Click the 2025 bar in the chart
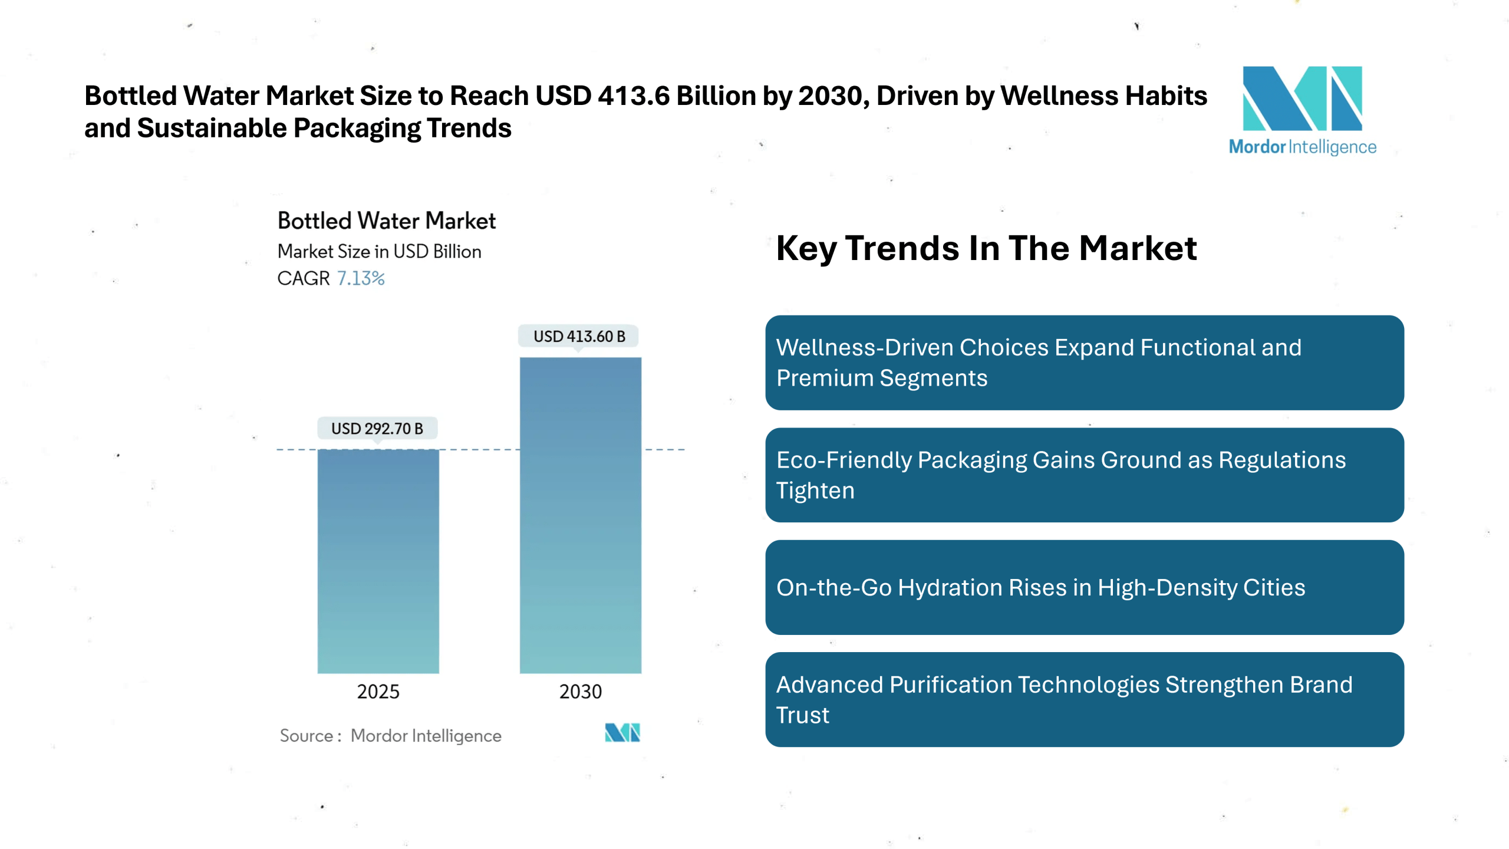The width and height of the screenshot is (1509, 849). point(378,561)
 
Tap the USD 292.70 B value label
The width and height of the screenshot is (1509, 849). point(377,428)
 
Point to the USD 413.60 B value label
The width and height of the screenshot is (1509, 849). point(579,336)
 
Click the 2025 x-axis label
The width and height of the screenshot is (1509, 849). point(378,691)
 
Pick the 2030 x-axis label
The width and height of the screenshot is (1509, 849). point(580,691)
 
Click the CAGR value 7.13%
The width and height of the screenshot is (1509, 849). point(360,278)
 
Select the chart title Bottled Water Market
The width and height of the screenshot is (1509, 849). point(386,221)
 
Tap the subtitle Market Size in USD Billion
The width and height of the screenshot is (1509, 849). point(379,251)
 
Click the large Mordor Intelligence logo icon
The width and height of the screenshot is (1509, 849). point(1302,98)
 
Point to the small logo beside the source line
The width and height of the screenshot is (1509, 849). point(622,732)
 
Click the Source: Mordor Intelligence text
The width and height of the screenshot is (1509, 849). point(390,735)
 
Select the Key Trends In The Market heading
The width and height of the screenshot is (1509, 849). point(986,248)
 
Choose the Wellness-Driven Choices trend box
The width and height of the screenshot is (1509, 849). point(1083,363)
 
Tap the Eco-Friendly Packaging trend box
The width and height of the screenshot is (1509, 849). point(1083,475)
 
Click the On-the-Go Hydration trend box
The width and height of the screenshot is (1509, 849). point(1083,587)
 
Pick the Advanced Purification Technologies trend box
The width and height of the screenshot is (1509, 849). point(1083,699)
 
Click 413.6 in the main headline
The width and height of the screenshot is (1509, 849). point(633,96)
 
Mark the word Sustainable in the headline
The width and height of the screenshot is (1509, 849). point(212,128)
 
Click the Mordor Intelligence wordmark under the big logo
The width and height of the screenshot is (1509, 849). point(1302,147)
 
